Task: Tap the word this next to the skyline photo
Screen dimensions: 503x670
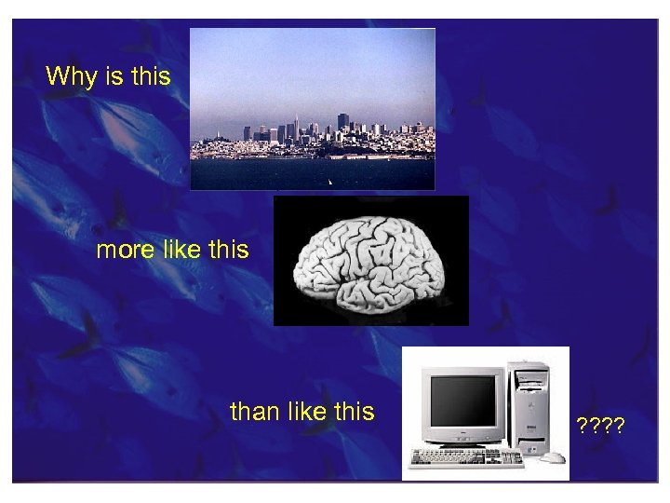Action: click(x=152, y=76)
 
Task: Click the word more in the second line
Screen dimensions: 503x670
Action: click(x=126, y=251)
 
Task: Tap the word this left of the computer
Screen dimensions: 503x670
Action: click(x=355, y=411)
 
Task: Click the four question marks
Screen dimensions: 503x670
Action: click(x=600, y=427)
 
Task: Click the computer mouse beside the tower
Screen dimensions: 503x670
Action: click(x=554, y=457)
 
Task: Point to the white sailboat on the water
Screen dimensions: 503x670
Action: click(x=329, y=181)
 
